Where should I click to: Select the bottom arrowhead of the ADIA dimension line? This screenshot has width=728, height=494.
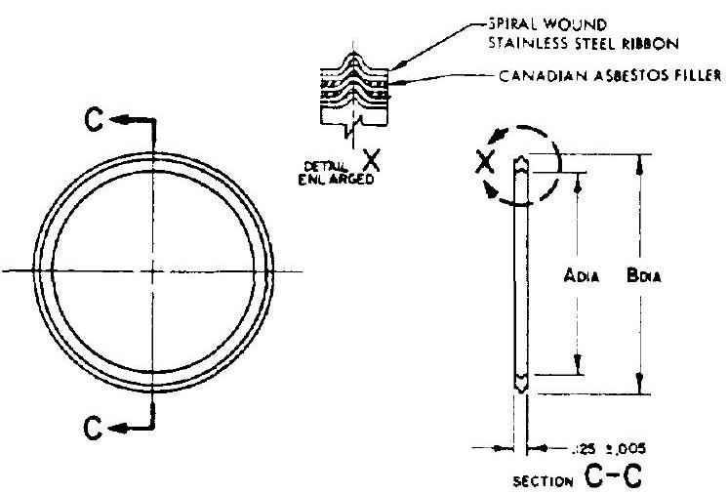click(578, 369)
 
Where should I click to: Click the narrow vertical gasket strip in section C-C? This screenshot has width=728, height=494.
click(521, 274)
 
